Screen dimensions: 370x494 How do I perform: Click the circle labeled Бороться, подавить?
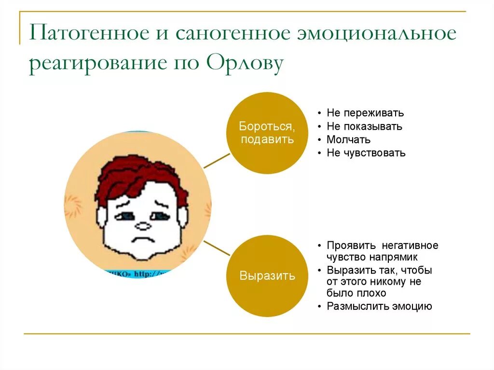pyautogui.click(x=267, y=133)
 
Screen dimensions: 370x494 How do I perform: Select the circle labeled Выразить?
pyautogui.click(x=267, y=276)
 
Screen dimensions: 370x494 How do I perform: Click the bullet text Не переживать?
pyautogui.click(x=365, y=113)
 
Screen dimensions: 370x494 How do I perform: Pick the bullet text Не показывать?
pyautogui.click(x=364, y=126)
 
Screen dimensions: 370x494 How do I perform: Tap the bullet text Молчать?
pyautogui.click(x=348, y=140)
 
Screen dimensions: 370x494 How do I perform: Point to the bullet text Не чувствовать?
pyautogui.click(x=366, y=153)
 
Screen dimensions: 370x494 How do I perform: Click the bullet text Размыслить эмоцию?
pyautogui.click(x=379, y=306)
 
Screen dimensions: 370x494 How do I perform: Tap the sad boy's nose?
pyautogui.click(x=143, y=225)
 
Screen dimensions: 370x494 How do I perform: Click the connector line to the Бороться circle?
pyautogui.click(x=217, y=161)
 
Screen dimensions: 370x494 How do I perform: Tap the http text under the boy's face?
pyautogui.click(x=147, y=274)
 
